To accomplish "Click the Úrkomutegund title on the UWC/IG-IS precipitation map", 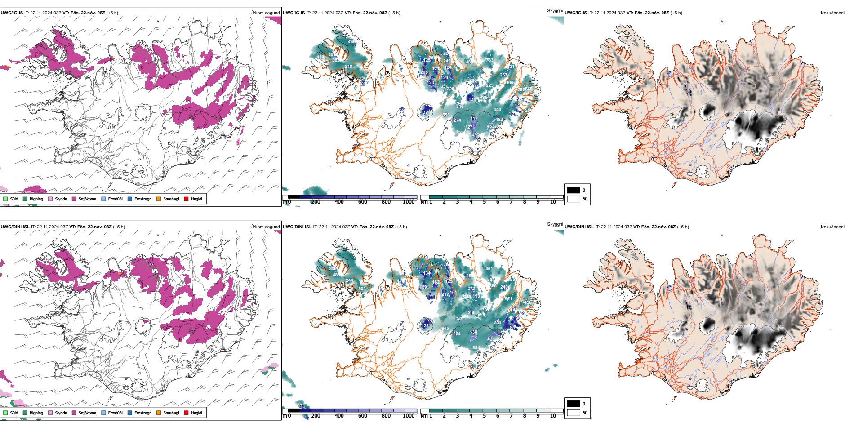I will click(x=265, y=13).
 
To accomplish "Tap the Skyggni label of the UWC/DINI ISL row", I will click(x=555, y=224).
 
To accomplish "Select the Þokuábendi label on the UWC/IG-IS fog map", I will click(x=832, y=13).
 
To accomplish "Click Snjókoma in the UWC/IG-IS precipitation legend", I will click(x=87, y=199).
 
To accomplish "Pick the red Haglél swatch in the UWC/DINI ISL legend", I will click(x=186, y=413).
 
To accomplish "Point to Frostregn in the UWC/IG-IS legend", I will click(x=142, y=199).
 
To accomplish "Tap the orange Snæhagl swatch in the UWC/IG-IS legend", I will click(x=159, y=199).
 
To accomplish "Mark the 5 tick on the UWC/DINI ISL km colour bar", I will click(x=485, y=416).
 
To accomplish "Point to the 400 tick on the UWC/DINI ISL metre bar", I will click(x=339, y=416).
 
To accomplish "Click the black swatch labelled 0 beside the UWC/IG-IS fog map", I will click(x=574, y=190).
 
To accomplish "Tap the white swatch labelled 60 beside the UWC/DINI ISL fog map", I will click(x=574, y=413).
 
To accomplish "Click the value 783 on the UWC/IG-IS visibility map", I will click(x=489, y=60).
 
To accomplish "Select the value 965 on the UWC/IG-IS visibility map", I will click(x=510, y=83).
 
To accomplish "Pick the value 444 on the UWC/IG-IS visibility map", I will click(x=497, y=110).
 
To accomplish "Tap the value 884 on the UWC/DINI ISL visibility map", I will click(x=476, y=348).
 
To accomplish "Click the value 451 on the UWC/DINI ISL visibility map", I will click(x=489, y=269).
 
